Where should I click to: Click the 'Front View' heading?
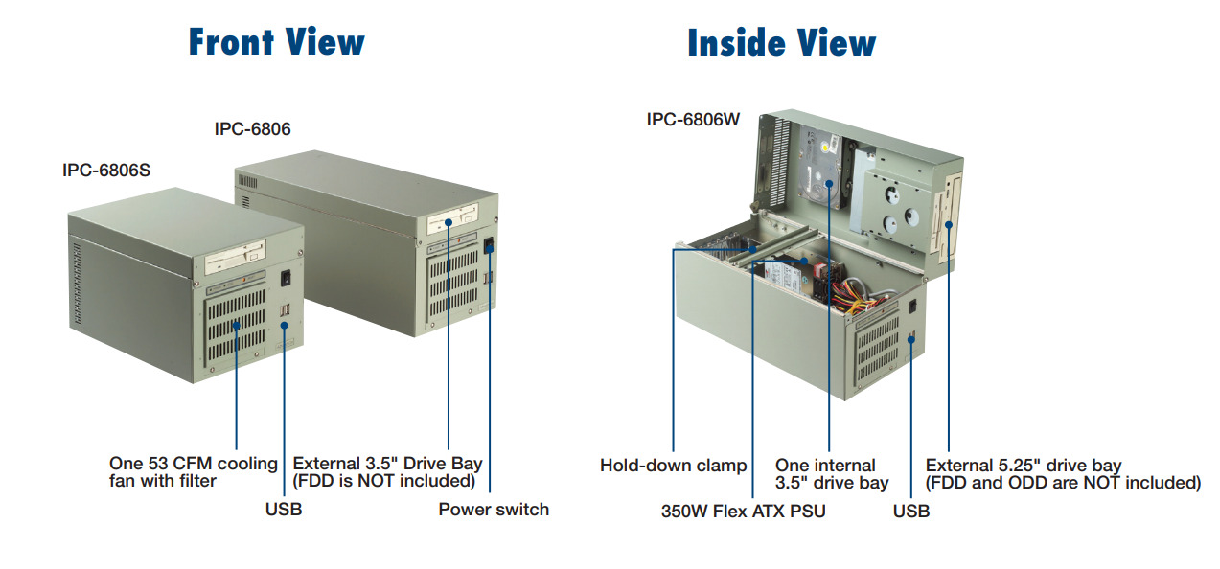pos(276,43)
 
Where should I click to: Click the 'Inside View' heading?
pos(781,43)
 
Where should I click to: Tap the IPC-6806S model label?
pos(106,170)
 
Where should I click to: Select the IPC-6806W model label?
pos(693,120)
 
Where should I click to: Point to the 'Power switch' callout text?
pos(494,510)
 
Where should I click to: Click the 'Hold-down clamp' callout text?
pos(673,466)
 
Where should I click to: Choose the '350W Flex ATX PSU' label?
pos(743,512)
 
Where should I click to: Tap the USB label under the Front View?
pos(284,510)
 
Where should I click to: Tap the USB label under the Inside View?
pos(910,512)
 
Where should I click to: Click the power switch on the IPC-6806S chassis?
pos(286,279)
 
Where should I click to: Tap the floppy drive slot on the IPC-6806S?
pos(236,261)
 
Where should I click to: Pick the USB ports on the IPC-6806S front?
pos(284,312)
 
